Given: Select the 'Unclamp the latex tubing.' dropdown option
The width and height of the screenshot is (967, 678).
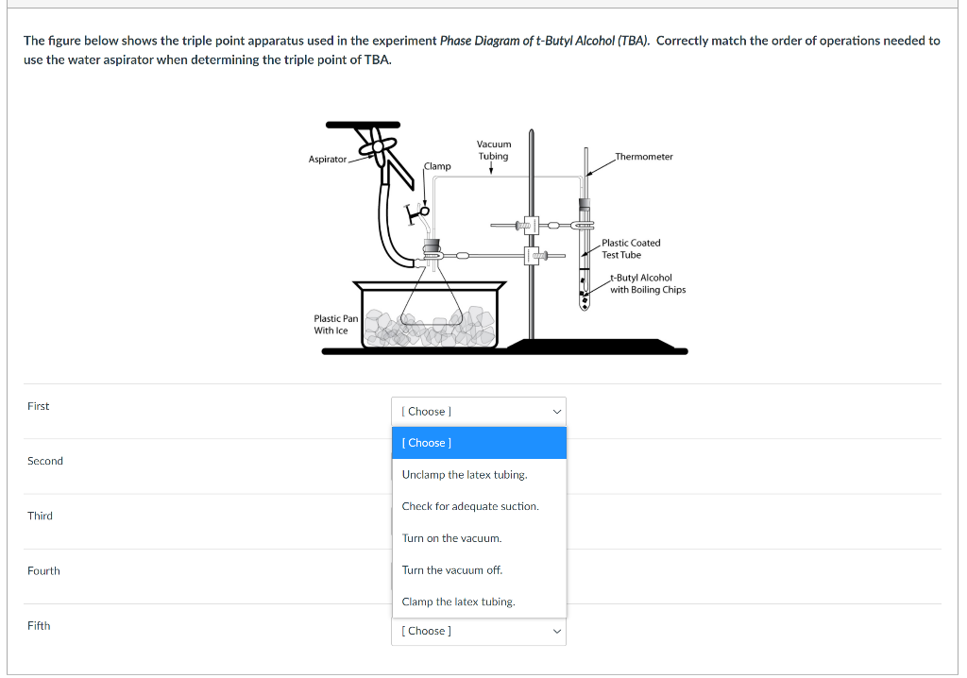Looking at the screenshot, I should (x=465, y=475).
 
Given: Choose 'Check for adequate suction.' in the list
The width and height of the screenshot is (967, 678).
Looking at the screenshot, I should (x=470, y=506).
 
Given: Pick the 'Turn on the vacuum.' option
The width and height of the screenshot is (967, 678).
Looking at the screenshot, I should (x=451, y=538).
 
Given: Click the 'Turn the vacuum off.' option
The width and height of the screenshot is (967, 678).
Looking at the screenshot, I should (x=451, y=570).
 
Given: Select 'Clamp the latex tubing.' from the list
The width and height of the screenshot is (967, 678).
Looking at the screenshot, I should (x=458, y=602).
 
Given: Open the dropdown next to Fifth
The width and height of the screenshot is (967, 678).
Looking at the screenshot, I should (x=478, y=631).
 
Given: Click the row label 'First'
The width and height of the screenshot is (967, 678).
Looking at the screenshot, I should (x=39, y=406).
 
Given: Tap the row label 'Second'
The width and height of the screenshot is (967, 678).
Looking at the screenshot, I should (x=45, y=461).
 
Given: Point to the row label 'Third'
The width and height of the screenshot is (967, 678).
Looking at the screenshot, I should (x=41, y=516).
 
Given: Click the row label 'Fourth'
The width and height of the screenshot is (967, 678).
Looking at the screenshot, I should (x=43, y=570).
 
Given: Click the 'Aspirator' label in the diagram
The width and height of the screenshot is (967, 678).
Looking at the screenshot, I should (x=327, y=160).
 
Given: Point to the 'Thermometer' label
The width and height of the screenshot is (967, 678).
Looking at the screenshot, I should (x=643, y=157).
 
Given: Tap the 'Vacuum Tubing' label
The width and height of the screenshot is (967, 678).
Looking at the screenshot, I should (x=493, y=150).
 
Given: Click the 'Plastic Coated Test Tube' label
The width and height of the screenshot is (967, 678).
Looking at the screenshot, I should (x=631, y=248).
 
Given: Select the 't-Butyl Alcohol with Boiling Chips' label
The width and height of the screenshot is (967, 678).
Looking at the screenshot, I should (x=647, y=283).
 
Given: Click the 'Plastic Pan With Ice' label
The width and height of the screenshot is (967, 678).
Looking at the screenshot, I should (x=335, y=325).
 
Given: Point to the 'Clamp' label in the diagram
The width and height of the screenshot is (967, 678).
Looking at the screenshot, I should (x=437, y=166).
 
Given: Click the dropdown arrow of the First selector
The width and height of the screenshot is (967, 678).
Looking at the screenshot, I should (x=556, y=412).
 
